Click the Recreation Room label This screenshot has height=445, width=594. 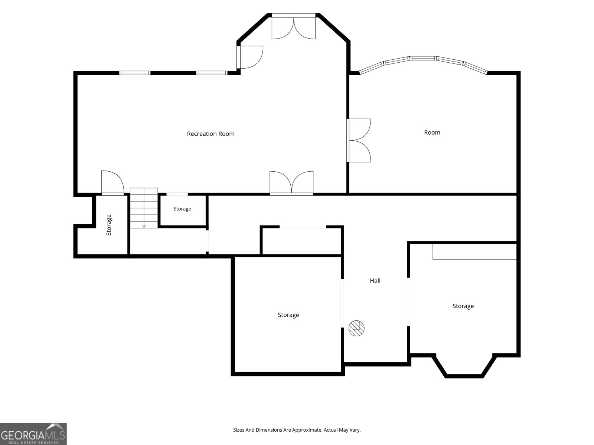(x=210, y=134)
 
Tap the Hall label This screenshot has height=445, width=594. (x=375, y=281)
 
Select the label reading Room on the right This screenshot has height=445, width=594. (x=432, y=132)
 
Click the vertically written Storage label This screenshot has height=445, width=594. (x=109, y=225)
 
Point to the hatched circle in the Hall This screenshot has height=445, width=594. (x=356, y=328)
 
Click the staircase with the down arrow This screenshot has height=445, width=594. (x=144, y=208)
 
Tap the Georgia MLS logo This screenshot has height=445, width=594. (x=33, y=434)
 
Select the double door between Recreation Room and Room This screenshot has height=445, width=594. (x=359, y=141)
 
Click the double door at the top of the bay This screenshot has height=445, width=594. (x=294, y=26)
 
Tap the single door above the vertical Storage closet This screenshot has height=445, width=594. (x=112, y=183)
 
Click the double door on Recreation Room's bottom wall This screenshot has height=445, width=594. (x=291, y=183)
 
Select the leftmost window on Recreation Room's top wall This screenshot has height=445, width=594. (x=135, y=73)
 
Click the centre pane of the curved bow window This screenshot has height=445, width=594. (x=423, y=58)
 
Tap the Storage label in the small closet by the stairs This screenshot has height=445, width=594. (x=182, y=209)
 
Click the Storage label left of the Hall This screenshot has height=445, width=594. (x=288, y=315)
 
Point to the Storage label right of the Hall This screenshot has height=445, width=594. (x=463, y=306)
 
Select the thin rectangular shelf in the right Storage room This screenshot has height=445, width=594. (x=474, y=251)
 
